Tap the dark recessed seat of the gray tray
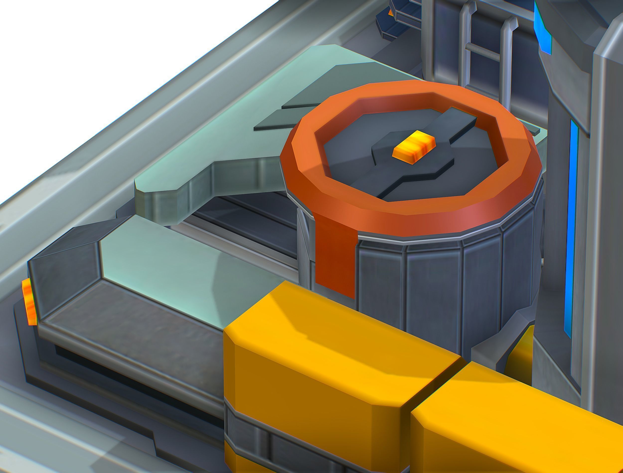(135, 321)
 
